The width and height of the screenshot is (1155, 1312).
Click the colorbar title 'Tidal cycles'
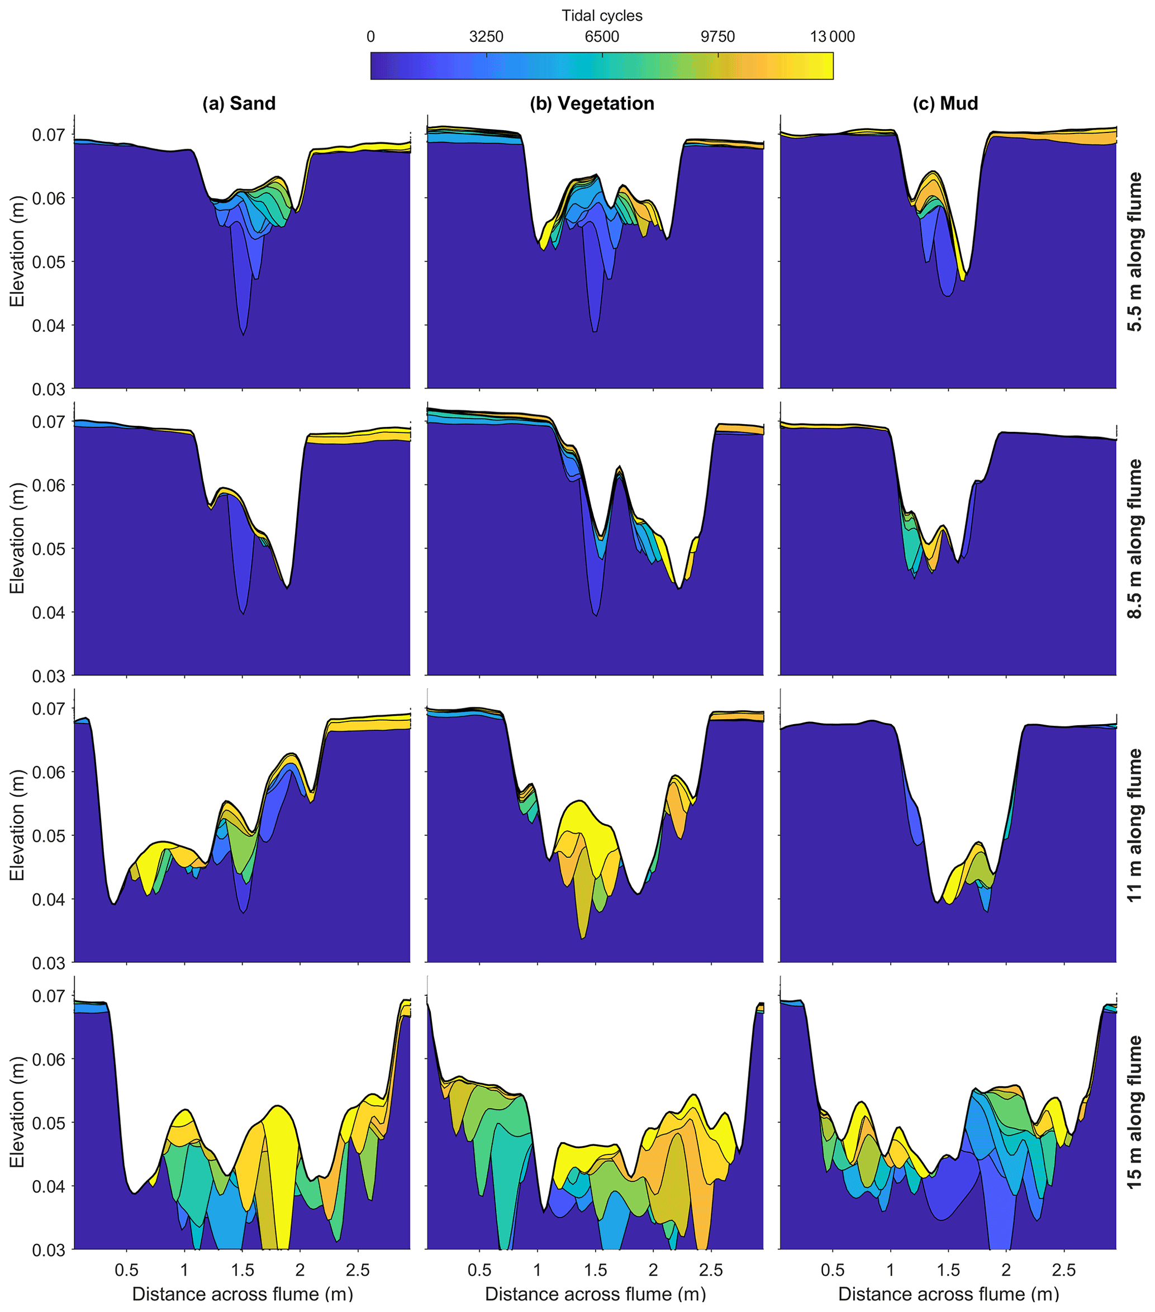[x=602, y=16]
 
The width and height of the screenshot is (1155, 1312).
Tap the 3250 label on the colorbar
[x=486, y=36]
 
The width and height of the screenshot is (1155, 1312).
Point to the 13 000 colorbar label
[x=832, y=36]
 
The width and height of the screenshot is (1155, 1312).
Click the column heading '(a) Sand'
[x=239, y=103]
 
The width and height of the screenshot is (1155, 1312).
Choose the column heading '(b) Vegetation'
[x=592, y=103]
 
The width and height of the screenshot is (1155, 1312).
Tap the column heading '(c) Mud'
[x=945, y=103]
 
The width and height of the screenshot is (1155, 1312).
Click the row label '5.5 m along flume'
[x=1135, y=251]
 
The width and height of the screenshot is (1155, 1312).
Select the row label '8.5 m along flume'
[x=1135, y=538]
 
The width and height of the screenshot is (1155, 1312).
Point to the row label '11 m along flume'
[x=1135, y=825]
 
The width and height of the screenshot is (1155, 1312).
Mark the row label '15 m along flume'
[x=1135, y=1113]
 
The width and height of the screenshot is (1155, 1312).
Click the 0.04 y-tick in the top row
[x=49, y=325]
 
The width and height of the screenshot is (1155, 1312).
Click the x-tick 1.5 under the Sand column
[x=242, y=1270]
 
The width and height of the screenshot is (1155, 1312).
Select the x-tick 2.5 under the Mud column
[x=1064, y=1270]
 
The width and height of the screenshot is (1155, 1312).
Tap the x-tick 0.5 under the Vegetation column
[x=479, y=1270]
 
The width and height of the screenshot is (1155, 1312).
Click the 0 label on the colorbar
[x=370, y=36]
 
